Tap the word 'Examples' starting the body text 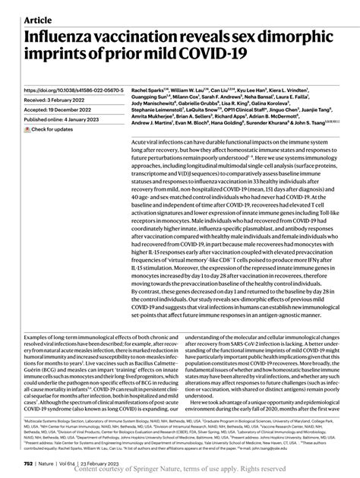[x=38, y=340]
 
